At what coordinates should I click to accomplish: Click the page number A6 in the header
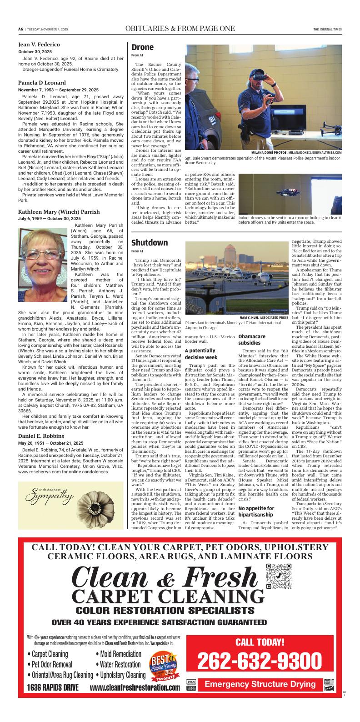pyautogui.click(x=20, y=29)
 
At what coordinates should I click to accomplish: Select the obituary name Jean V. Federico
pyautogui.click(x=39, y=45)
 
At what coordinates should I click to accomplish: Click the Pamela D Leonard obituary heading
pyautogui.click(x=42, y=83)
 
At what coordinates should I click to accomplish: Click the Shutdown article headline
pyautogui.click(x=150, y=243)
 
